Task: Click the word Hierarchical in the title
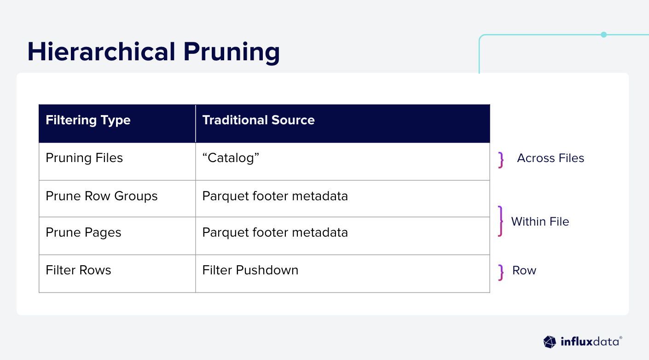(x=101, y=52)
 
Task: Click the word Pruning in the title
(x=232, y=53)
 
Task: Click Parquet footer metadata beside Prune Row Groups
(x=275, y=196)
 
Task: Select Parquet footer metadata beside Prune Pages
(x=275, y=232)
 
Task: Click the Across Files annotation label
(x=550, y=158)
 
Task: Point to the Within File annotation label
(x=540, y=222)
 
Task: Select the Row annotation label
(x=524, y=270)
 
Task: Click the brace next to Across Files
(x=501, y=160)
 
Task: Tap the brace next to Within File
(x=501, y=221)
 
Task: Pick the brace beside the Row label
(x=501, y=273)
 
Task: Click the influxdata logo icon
(x=550, y=342)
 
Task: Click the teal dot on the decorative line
(x=604, y=35)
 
